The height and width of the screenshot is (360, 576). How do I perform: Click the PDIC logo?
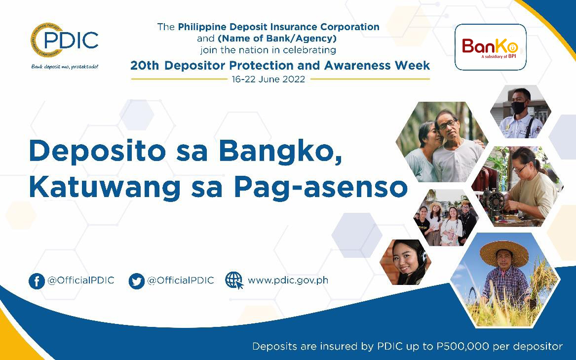(64, 40)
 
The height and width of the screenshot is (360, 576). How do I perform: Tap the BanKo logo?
(490, 47)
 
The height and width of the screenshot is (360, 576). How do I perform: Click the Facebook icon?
(37, 281)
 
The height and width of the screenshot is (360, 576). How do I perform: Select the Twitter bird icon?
(137, 281)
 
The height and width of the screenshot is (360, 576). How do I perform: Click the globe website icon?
(234, 280)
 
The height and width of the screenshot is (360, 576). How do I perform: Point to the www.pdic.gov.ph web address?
(288, 280)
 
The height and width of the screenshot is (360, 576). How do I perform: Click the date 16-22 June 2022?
(268, 80)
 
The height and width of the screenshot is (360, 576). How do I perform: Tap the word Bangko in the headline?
(280, 152)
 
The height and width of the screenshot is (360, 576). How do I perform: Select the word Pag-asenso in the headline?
(321, 188)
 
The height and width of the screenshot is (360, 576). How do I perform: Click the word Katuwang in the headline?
(104, 188)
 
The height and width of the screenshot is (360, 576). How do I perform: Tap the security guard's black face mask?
(519, 108)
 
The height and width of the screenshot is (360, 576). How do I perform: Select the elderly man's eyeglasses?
(448, 124)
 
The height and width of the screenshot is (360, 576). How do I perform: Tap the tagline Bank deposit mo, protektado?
(65, 67)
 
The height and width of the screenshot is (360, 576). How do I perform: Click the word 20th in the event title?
(145, 66)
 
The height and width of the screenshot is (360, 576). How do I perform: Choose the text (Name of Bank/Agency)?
(277, 38)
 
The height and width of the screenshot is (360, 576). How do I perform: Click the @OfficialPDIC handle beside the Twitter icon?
(180, 280)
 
